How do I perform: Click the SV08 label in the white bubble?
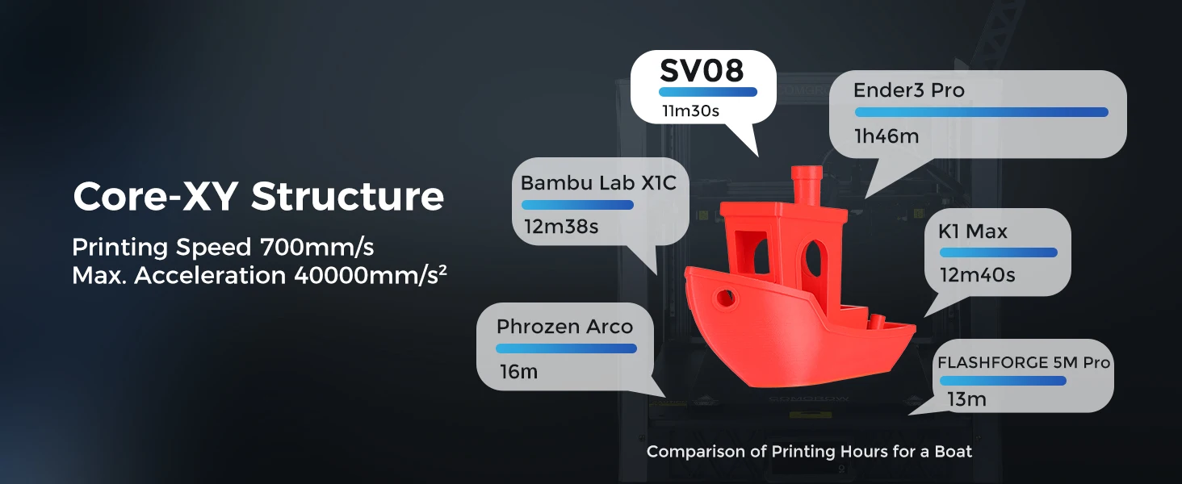point(701,70)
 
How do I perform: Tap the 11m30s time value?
point(690,111)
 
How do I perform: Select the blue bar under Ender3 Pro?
point(981,112)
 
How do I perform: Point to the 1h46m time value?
point(886,136)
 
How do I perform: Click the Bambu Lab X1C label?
point(598,183)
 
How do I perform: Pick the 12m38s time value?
point(561,227)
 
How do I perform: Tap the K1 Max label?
point(972,232)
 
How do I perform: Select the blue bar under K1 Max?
point(998,252)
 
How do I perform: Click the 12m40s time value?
point(977,275)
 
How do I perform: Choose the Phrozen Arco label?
point(564,327)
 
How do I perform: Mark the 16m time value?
point(518,372)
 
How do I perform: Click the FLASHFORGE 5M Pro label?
point(1024,363)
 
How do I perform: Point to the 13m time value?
point(966,399)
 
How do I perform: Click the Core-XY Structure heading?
point(258,197)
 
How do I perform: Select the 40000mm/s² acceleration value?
point(371,275)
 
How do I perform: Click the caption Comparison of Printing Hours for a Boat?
point(809,452)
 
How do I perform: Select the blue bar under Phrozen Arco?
point(566,348)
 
